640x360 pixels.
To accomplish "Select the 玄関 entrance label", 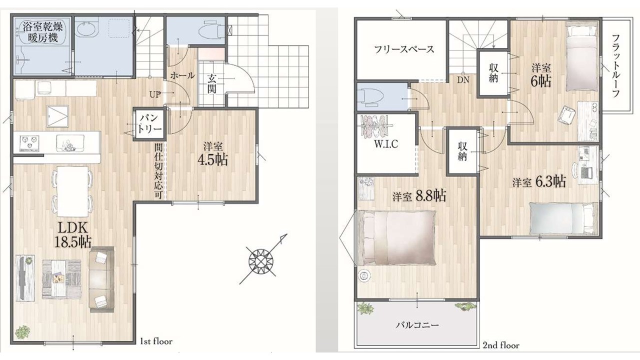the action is (211, 83).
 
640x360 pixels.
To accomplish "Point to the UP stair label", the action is (155, 94).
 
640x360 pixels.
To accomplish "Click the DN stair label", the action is (463, 79).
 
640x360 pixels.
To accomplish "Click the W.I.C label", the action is (386, 144).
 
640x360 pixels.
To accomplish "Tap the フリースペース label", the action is (404, 49).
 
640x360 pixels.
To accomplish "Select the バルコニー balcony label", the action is (417, 325).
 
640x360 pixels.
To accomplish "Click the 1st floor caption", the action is (156, 341).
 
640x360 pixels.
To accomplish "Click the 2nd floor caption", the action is (501, 345).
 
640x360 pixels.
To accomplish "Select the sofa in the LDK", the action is (101, 279).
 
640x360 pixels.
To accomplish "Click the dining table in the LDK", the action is (72, 191).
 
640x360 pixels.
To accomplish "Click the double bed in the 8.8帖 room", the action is (397, 237).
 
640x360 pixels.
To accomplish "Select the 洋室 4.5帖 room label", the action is (213, 155).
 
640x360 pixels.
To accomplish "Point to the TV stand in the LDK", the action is (25, 277).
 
